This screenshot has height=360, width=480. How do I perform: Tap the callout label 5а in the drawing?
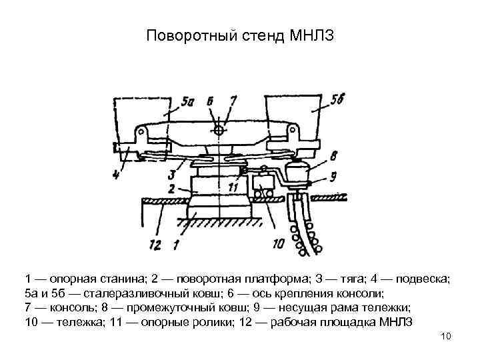point(187,103)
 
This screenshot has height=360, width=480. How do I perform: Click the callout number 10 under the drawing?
point(279,244)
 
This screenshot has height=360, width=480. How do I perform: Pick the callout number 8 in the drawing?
point(333,155)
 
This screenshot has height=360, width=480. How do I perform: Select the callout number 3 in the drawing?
point(173,174)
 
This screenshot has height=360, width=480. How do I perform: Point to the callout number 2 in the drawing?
point(171,189)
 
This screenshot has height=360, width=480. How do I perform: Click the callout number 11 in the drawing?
point(231,189)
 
